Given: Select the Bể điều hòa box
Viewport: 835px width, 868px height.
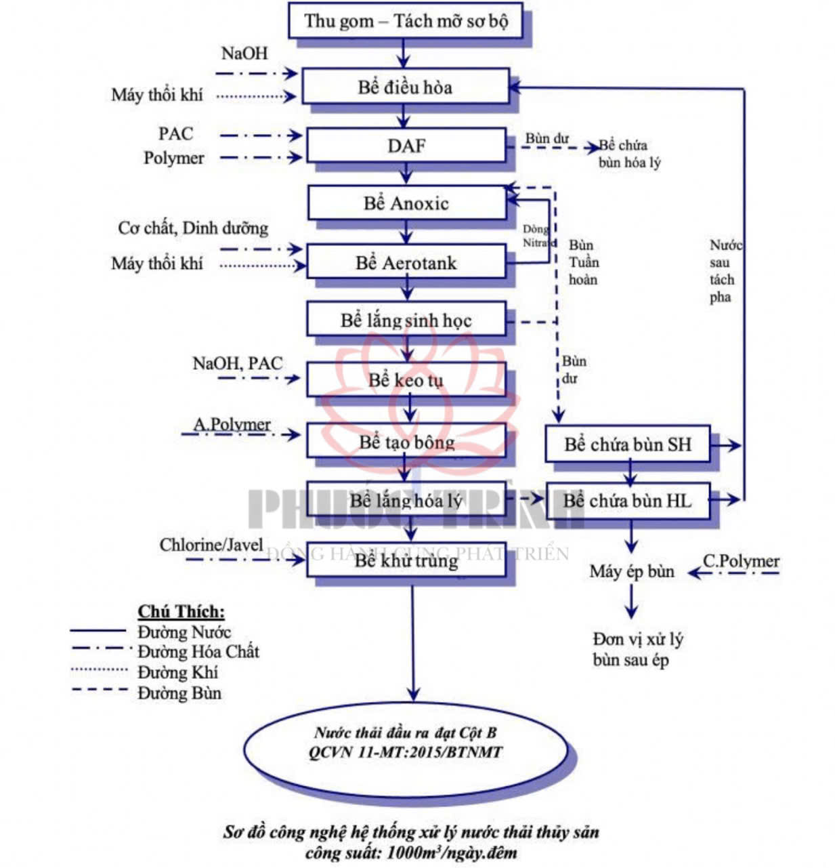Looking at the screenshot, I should click(405, 87).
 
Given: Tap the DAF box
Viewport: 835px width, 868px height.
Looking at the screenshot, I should click(406, 146).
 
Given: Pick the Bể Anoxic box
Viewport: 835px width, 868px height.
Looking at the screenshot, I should click(406, 203).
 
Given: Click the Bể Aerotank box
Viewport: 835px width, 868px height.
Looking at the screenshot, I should click(406, 263).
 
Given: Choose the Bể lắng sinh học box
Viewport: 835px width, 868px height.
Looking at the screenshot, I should click(406, 320).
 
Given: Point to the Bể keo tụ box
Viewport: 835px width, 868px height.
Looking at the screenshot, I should click(406, 380).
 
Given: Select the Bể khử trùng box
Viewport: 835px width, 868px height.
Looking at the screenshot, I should click(406, 560).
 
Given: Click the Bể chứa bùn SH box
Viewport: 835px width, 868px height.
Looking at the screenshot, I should click(628, 445).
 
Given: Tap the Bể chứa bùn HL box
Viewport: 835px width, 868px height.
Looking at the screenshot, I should click(628, 501).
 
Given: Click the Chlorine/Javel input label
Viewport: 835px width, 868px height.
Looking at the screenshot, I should click(211, 545).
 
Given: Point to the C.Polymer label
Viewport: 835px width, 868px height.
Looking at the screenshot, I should click(741, 561).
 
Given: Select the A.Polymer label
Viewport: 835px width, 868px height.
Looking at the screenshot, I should click(232, 424).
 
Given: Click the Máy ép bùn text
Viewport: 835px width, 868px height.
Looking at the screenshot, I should click(631, 571).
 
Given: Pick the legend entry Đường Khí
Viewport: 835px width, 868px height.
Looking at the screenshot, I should click(177, 672).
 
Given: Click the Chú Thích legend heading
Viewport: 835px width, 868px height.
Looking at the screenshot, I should click(181, 611).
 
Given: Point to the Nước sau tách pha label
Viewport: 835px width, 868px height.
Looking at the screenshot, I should click(723, 271).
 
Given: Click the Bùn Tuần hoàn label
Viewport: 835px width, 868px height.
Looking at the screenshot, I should click(582, 262).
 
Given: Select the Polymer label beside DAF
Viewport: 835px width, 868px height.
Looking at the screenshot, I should click(173, 158).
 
